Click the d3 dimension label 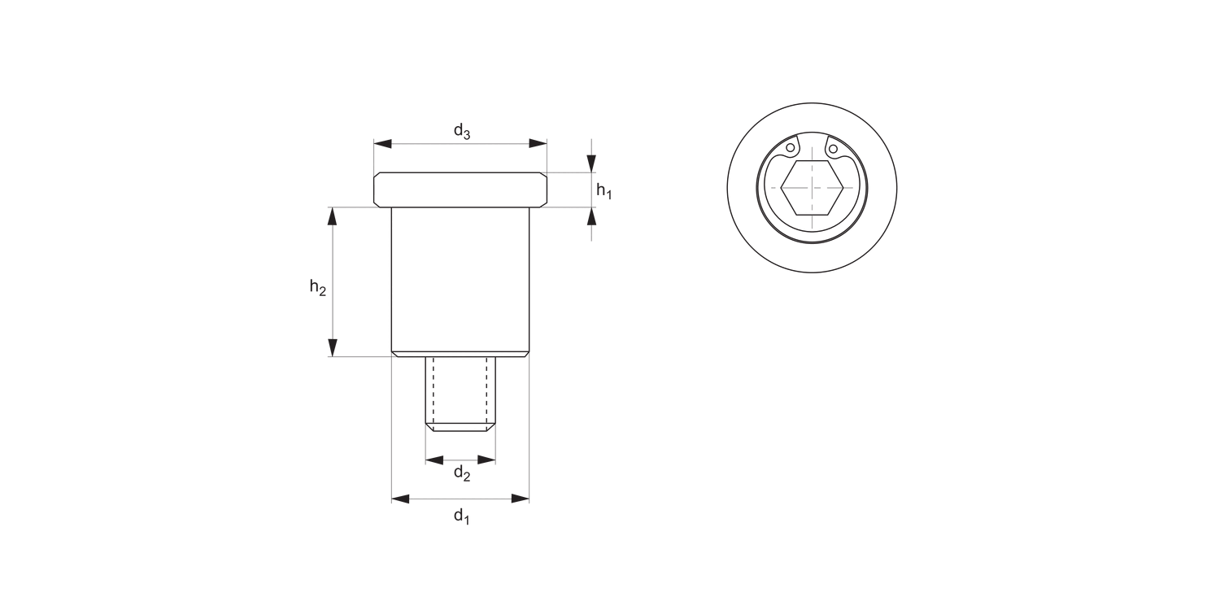(x=461, y=130)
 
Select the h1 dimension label (x=603, y=191)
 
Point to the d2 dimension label (x=461, y=473)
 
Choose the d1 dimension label (x=461, y=515)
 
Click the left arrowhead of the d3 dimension (x=383, y=144)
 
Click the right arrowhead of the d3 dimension (x=538, y=144)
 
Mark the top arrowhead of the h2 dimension (x=332, y=216)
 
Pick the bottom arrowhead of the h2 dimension (x=332, y=347)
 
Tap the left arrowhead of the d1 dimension (x=401, y=498)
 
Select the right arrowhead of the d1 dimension (x=520, y=498)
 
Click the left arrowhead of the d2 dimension (x=434, y=460)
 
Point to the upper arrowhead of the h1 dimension (x=591, y=163)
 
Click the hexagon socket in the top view (x=811, y=187)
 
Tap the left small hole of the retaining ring (x=790, y=148)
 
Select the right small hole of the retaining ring (x=832, y=149)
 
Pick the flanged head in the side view (x=460, y=189)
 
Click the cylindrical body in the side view (x=460, y=281)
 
